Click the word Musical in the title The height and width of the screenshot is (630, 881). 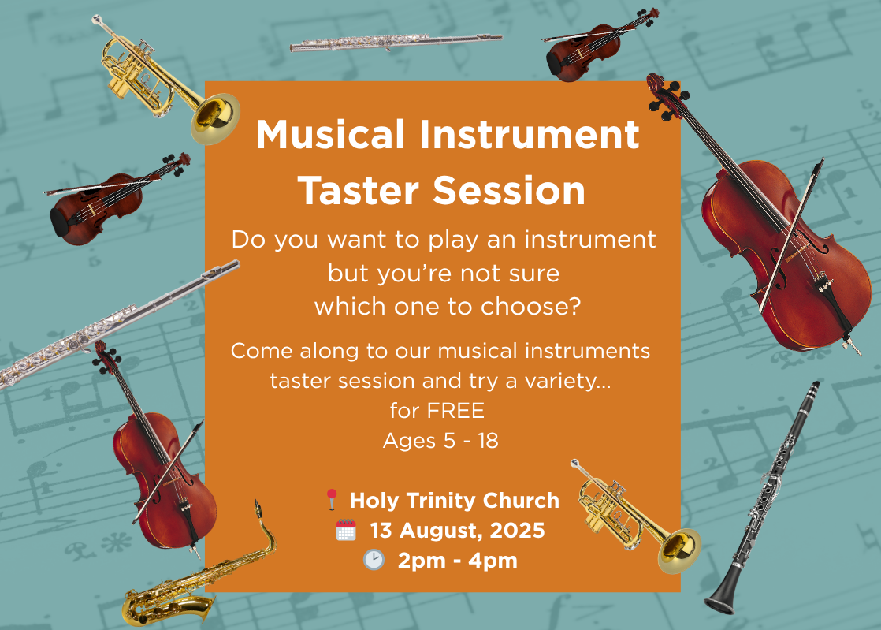point(330,134)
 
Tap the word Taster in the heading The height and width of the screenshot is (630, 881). point(359,191)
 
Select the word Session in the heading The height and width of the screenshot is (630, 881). point(509,191)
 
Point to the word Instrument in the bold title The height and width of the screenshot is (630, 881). point(530,134)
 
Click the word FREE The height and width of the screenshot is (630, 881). point(455,411)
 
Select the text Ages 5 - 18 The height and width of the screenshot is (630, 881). point(440,441)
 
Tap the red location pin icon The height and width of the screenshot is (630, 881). point(332,499)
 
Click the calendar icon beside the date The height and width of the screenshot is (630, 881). point(346,530)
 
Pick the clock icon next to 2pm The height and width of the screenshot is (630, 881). point(374,560)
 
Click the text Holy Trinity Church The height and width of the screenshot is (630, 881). point(455,500)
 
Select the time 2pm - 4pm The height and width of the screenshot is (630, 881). point(457,561)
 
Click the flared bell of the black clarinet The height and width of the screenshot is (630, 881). point(719,602)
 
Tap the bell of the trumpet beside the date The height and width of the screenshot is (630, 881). point(679,551)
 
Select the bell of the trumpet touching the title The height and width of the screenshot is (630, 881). point(215,118)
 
